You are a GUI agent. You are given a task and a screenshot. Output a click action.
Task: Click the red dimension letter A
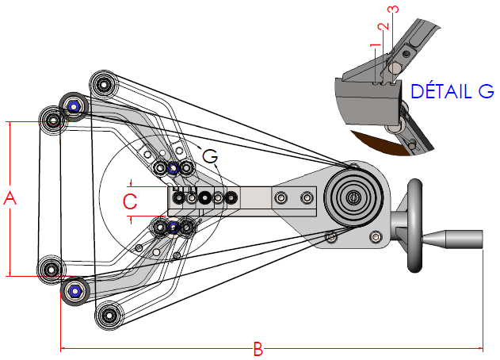point(11,198)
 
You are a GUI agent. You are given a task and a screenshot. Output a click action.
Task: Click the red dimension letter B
point(258,349)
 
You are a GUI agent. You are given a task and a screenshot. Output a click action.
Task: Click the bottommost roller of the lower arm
point(107,316)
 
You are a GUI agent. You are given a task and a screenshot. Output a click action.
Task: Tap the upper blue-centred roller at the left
point(74,105)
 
